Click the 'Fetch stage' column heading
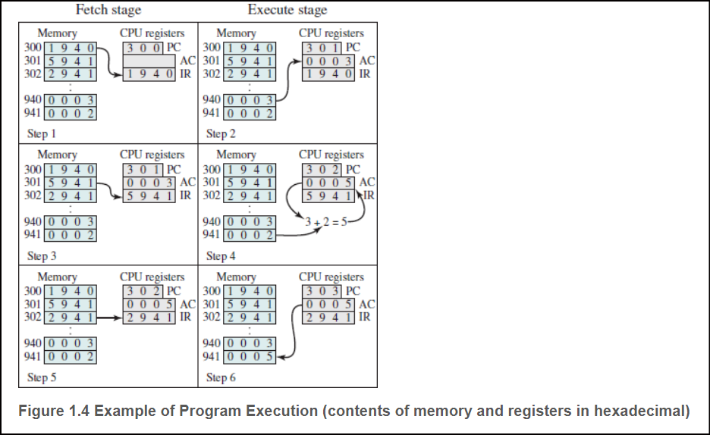(108, 10)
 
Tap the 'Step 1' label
(42, 133)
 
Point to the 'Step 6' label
(221, 377)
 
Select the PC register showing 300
(143, 47)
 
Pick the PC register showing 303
(322, 291)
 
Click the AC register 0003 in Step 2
(328, 61)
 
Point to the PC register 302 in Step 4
(322, 169)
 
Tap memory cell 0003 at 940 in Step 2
(251, 100)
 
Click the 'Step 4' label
(221, 255)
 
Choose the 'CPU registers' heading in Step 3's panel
(152, 155)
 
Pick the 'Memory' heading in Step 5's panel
(58, 277)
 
